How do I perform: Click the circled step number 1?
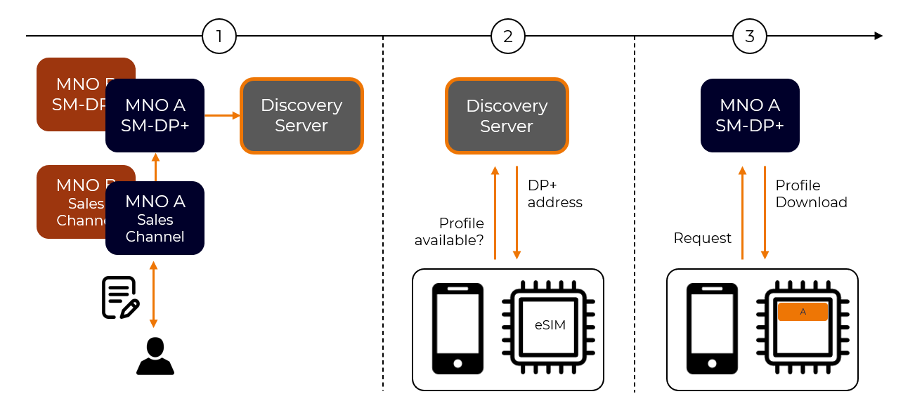point(219,36)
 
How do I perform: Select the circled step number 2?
point(507,36)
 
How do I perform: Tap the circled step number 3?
point(749,36)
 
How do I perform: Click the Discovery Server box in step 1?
point(301,115)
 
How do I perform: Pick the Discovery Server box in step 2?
point(507,116)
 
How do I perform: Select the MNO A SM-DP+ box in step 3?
point(750,115)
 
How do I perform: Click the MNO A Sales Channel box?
point(155,218)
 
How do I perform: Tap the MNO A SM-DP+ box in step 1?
point(155,115)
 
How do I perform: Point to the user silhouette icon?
point(155,356)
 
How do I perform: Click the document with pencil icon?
point(120,297)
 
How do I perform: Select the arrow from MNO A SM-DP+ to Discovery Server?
point(222,115)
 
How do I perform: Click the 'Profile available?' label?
point(450,232)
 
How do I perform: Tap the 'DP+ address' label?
point(554,194)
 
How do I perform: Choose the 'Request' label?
point(702,238)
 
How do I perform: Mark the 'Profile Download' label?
point(811,194)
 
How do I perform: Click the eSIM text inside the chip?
point(550,325)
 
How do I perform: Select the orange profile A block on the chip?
point(803,312)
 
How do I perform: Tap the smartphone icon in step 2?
point(457,328)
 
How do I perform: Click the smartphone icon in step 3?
point(712,328)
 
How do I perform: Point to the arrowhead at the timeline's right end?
point(878,36)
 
